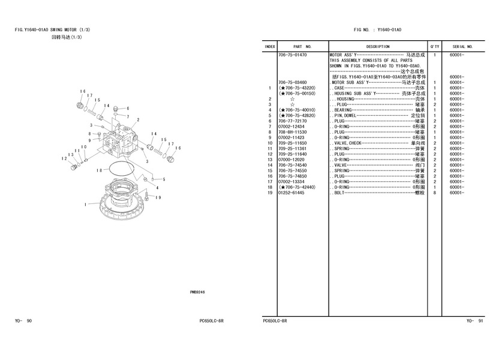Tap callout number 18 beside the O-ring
pos(99,170)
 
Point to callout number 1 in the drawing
pos(86,205)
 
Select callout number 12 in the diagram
pos(64,158)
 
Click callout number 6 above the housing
pos(128,109)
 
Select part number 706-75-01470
pos(293,55)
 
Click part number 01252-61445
pos(291,193)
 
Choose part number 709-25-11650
pos(293,143)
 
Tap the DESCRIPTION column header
pos(378,46)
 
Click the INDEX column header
pos(270,46)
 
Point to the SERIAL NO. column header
pos(463,46)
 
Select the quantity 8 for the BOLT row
pos(434,193)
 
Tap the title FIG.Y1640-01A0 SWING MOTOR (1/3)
pos(53,29)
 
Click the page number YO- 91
pos(474,321)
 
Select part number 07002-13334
pos(291,182)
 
